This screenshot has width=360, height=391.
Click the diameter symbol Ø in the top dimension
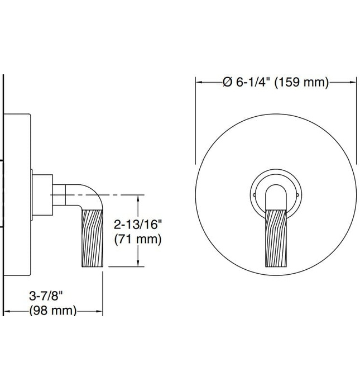point(227,82)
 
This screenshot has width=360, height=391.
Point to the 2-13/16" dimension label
point(137,225)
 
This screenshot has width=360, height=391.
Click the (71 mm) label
point(137,240)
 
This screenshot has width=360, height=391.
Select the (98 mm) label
point(52,311)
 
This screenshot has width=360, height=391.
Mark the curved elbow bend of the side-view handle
point(90,196)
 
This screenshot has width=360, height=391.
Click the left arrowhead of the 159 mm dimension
point(198,82)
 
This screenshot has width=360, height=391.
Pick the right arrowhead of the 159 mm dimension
point(355,82)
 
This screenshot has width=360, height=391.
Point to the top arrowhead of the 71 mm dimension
point(137,198)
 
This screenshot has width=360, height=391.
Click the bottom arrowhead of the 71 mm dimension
point(137,264)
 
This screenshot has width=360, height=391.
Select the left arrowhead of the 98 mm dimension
point(7,311)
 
